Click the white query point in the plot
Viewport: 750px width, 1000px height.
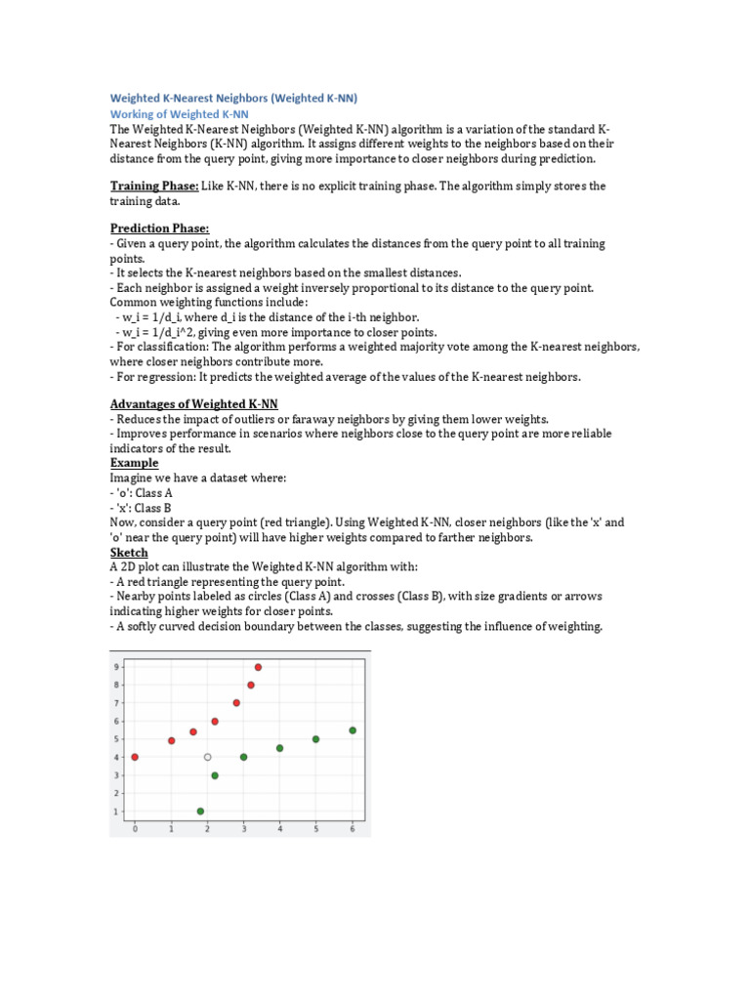[207, 757]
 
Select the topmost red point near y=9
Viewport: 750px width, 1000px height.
[258, 667]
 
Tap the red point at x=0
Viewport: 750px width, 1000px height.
[135, 757]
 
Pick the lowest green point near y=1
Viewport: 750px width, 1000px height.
[200, 812]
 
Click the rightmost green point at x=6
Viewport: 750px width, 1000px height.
[353, 730]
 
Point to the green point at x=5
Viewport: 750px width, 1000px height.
[315, 739]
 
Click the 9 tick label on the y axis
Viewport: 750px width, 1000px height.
[117, 667]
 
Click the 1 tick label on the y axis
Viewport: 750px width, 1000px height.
[117, 812]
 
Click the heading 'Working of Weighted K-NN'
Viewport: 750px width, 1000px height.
[172, 114]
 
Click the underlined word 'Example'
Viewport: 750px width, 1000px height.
[134, 462]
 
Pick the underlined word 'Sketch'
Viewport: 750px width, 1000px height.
[129, 552]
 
